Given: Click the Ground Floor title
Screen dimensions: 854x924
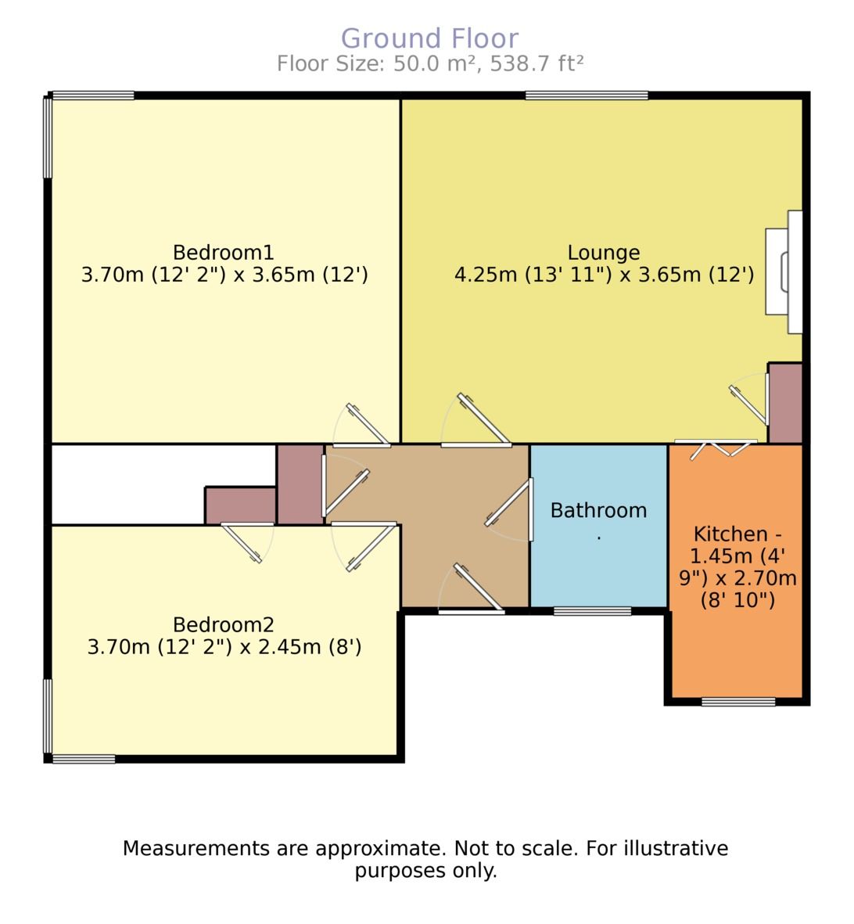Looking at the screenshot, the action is pyautogui.click(x=429, y=38).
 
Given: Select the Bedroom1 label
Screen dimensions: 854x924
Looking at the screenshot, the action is pyautogui.click(x=224, y=253).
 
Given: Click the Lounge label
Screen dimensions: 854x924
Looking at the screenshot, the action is pyautogui.click(x=603, y=253).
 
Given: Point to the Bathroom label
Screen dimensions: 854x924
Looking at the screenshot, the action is pyautogui.click(x=598, y=511).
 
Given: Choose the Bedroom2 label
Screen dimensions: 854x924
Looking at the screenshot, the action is pyautogui.click(x=224, y=624).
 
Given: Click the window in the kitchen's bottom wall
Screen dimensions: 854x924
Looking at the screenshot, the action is pyautogui.click(x=738, y=701).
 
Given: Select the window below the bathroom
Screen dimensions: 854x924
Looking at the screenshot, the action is pyautogui.click(x=592, y=611).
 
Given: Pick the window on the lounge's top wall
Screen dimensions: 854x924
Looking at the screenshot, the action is pyautogui.click(x=587, y=96).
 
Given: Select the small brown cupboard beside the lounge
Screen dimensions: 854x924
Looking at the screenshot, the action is pyautogui.click(x=785, y=403).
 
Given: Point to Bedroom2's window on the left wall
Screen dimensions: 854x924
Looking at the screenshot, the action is pyautogui.click(x=48, y=715).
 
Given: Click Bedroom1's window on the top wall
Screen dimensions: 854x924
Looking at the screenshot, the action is pyautogui.click(x=92, y=96).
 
